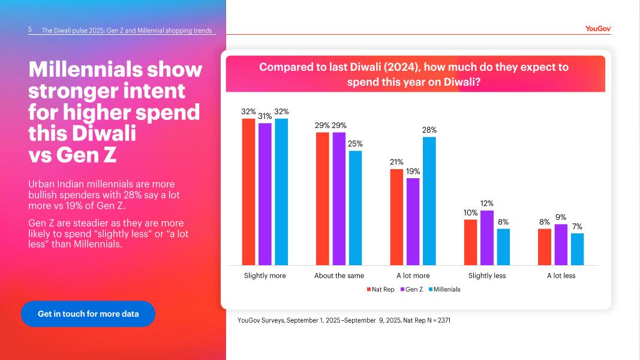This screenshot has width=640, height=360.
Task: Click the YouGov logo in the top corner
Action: [598, 28]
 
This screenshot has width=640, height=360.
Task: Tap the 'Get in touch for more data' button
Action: [88, 314]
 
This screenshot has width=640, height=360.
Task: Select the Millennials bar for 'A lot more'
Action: [429, 201]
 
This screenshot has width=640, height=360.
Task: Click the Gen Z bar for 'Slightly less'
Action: [487, 238]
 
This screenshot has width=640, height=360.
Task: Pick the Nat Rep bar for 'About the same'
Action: [323, 199]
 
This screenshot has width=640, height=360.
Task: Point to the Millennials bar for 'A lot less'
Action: [577, 249]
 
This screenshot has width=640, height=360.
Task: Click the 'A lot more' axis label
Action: [413, 276]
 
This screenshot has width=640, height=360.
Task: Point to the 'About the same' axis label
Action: [339, 276]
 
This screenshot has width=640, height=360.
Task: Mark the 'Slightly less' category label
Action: [487, 276]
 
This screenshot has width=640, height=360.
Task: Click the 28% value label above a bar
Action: [429, 130]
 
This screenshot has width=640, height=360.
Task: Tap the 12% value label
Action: [487, 203]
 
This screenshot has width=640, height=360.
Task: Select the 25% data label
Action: [355, 143]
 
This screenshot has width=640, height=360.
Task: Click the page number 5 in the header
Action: [30, 29]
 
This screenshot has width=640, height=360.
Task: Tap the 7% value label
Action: [577, 226]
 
